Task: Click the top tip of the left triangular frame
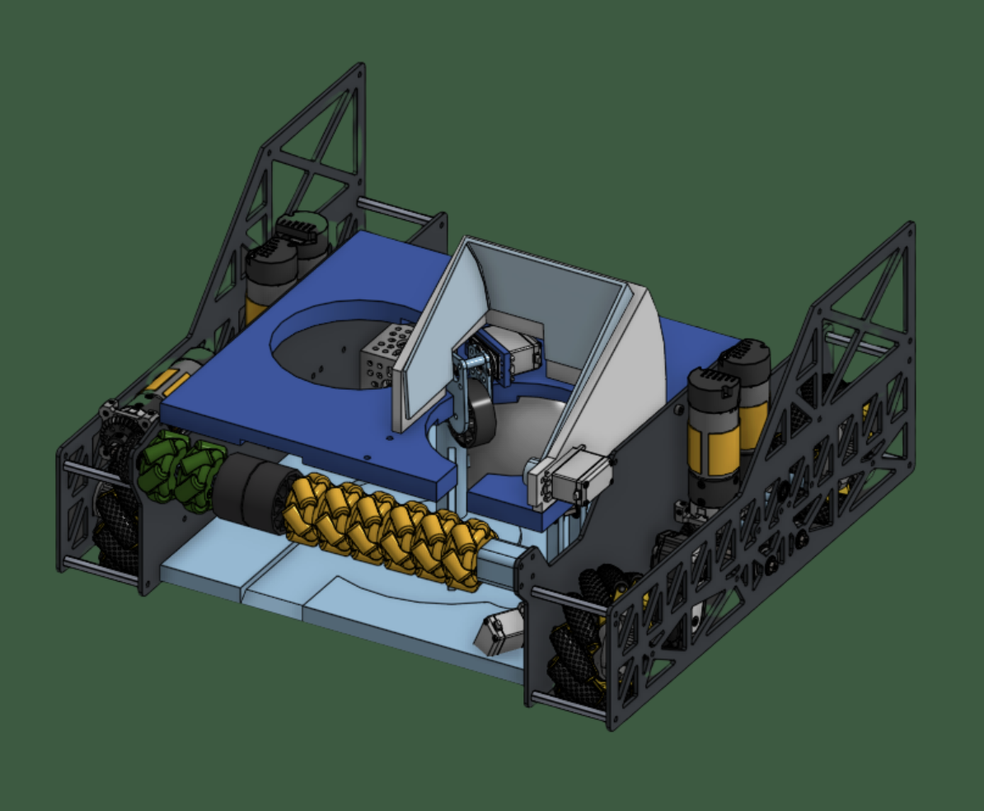359,68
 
